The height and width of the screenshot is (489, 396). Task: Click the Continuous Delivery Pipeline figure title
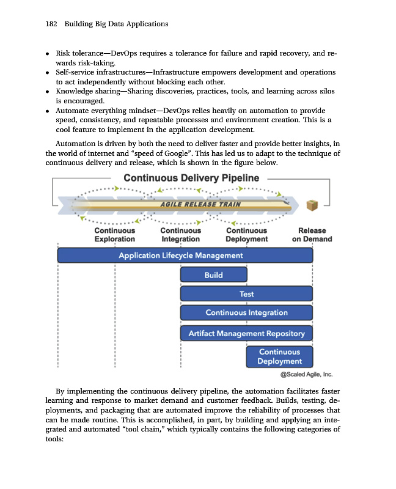pos(191,178)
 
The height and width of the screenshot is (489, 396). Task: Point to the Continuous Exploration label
pos(114,235)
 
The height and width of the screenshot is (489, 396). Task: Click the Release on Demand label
pos(312,235)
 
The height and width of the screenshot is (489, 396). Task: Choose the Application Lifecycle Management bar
pos(185,255)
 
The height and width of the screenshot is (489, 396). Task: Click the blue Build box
pos(213,274)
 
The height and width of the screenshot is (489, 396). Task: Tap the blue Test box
pos(246,294)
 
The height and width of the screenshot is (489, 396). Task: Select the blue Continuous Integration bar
pos(246,313)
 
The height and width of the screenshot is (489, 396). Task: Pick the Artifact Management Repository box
pos(246,333)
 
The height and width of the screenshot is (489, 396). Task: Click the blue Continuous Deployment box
pos(279,356)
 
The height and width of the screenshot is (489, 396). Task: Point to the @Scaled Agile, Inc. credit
pos(306,375)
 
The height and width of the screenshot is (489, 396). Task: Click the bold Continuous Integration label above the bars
pos(180,235)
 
